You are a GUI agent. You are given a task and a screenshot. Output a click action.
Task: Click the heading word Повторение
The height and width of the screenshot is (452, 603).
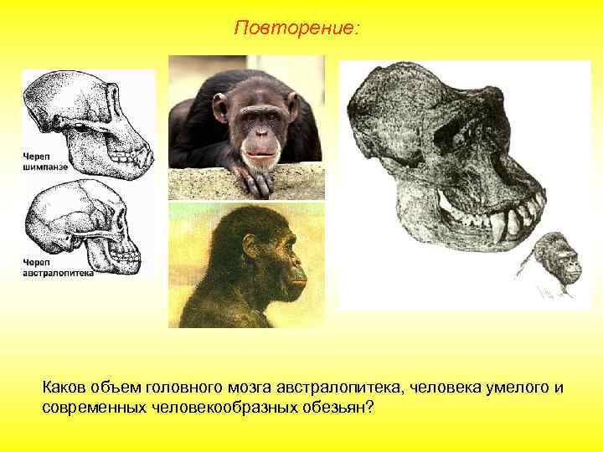(297, 28)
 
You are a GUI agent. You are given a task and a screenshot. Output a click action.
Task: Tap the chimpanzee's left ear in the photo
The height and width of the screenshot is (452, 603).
(220, 107)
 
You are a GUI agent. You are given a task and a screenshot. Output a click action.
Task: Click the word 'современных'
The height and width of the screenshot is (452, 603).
(95, 406)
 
